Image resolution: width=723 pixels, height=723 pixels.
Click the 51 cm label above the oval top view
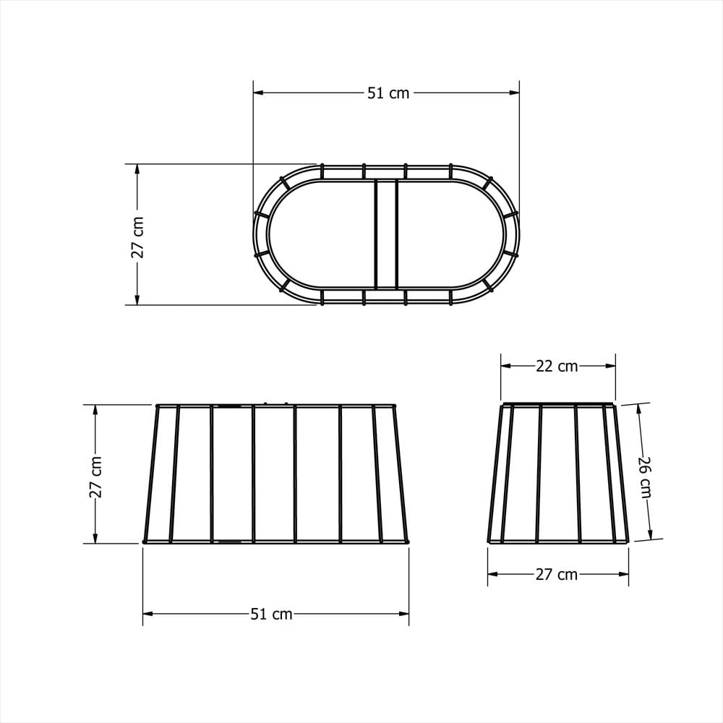388,93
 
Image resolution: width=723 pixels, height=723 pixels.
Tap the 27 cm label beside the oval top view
137,237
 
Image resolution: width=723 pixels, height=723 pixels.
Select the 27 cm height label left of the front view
95,477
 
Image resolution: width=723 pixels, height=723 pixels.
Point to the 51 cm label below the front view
272,614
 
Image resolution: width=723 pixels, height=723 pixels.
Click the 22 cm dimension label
557,366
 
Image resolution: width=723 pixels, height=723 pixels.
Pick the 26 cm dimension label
645,477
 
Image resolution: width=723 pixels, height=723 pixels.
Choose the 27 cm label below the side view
557,575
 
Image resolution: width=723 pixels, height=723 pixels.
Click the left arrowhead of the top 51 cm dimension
258,93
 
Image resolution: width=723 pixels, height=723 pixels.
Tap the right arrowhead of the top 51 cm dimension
514,93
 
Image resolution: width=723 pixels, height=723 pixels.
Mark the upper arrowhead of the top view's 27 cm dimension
137,169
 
